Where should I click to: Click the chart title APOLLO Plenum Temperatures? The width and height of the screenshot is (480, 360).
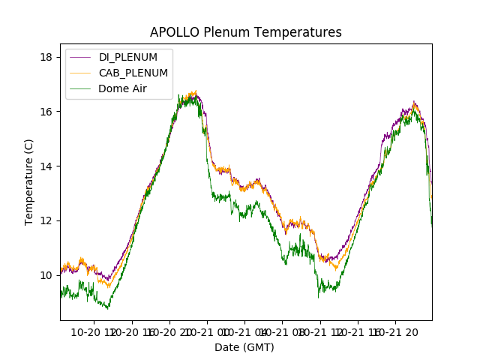[245, 32]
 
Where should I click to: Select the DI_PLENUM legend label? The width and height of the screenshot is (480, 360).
[128, 57]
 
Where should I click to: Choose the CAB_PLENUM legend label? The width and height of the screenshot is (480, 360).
[133, 73]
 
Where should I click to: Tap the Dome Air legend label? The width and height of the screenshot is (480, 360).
[122, 88]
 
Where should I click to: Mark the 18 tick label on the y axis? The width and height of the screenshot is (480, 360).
[46, 57]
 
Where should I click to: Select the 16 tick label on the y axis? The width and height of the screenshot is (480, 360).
[46, 112]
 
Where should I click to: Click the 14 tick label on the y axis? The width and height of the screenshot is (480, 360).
[46, 166]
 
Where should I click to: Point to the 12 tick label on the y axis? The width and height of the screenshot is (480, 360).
[46, 220]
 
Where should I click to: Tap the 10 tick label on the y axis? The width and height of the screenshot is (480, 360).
[46, 275]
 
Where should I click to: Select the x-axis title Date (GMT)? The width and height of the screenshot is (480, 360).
[244, 347]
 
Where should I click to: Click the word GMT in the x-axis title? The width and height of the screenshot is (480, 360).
[258, 347]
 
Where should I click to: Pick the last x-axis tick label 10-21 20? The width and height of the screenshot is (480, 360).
[396, 331]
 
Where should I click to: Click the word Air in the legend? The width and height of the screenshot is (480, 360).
[139, 88]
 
